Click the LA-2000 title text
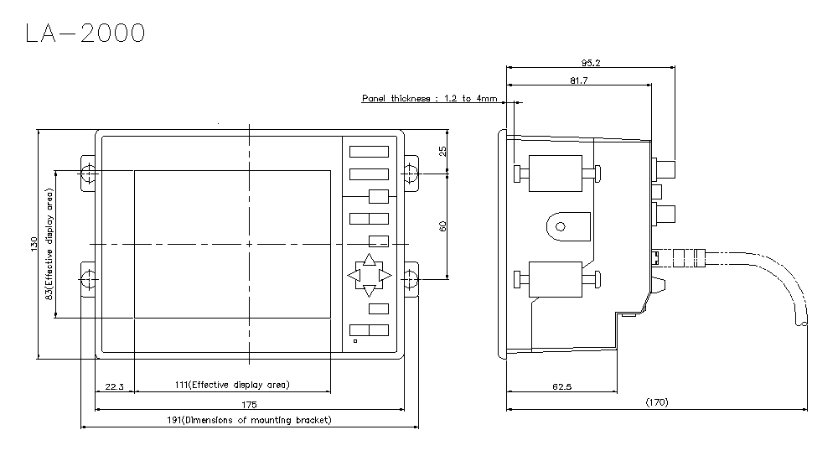pyautogui.click(x=85, y=33)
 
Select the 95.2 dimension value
pyautogui.click(x=591, y=63)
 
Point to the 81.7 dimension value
pyautogui.click(x=579, y=80)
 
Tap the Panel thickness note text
pyautogui.click(x=430, y=98)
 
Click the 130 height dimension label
pyautogui.click(x=34, y=245)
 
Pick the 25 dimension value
pyautogui.click(x=442, y=152)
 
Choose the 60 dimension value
pyautogui.click(x=442, y=226)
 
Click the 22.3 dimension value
pyautogui.click(x=114, y=386)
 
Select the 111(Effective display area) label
pyautogui.click(x=232, y=385)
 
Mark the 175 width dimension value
pyautogui.click(x=249, y=404)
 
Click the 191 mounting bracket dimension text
pyautogui.click(x=249, y=421)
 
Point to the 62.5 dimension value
pyautogui.click(x=561, y=386)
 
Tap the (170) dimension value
pyautogui.click(x=657, y=402)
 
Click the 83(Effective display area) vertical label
pyautogui.click(x=49, y=244)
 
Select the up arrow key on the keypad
pyautogui.click(x=370, y=260)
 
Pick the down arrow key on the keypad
pyautogui.click(x=370, y=291)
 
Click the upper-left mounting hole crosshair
pyautogui.click(x=89, y=174)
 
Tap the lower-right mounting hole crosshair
pyautogui.click(x=410, y=278)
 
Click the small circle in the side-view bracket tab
pyautogui.click(x=560, y=227)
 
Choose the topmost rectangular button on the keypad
pyautogui.click(x=369, y=152)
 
